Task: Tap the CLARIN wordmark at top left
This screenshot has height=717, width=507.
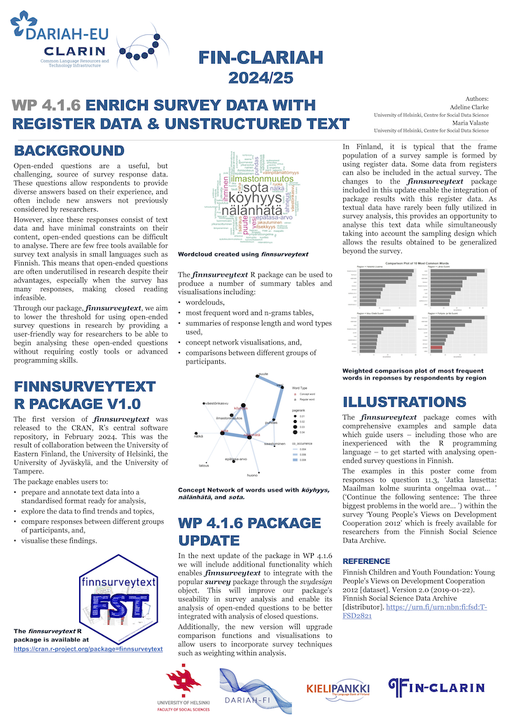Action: point(74,50)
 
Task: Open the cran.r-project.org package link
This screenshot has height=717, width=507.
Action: point(88,649)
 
